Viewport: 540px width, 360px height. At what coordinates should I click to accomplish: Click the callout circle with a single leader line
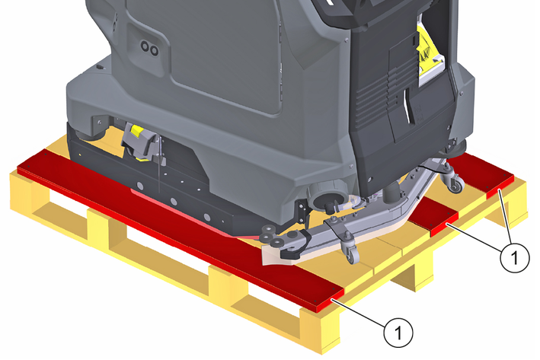point(398,333)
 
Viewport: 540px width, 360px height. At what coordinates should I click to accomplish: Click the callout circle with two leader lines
point(515,257)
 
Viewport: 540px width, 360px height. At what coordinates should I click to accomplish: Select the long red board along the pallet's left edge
point(179,227)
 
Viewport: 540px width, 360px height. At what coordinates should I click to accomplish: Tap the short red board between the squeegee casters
point(435,216)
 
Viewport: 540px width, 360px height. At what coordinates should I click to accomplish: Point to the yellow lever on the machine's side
point(137,131)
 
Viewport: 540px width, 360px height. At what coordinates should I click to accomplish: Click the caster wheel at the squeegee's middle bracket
point(350,248)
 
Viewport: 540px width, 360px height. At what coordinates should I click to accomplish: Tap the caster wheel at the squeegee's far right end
point(454,178)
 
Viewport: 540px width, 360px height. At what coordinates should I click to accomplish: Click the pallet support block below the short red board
point(414,272)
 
